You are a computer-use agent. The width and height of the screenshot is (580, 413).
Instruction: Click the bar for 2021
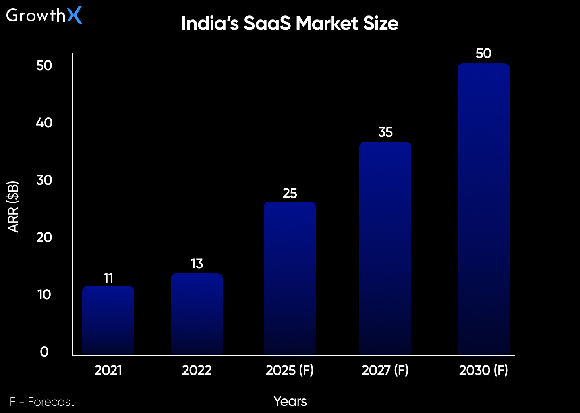[x=108, y=321]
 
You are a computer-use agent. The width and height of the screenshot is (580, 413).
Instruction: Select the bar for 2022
[x=197, y=315]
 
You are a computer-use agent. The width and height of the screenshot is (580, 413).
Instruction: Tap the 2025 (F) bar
[x=290, y=278]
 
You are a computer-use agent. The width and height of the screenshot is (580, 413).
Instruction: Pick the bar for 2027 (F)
[x=385, y=248]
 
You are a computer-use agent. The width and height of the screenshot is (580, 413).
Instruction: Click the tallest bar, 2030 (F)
[x=483, y=210]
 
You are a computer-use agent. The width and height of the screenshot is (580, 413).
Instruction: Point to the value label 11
[x=108, y=278]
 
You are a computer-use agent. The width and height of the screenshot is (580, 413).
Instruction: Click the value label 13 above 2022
[x=197, y=263]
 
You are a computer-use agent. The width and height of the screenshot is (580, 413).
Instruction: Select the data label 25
[x=290, y=193]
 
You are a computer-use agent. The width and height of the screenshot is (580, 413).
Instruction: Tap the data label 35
[x=385, y=132]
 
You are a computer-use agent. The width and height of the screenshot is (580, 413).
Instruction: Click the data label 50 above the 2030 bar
[x=483, y=53]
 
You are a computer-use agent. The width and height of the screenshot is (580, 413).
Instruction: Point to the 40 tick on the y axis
[x=44, y=123]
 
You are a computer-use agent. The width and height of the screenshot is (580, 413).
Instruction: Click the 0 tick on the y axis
[x=44, y=352]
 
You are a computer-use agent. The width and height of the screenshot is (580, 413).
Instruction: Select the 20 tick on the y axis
[x=44, y=237]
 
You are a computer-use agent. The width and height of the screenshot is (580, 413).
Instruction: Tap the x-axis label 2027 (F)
[x=385, y=370]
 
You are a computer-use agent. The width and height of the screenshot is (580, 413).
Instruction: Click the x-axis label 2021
[x=108, y=370]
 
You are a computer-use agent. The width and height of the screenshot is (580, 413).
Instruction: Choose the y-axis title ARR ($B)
[x=13, y=206]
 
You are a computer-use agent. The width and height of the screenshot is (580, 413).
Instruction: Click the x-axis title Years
[x=290, y=401]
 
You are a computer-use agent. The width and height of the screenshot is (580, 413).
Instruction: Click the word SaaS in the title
[x=267, y=23]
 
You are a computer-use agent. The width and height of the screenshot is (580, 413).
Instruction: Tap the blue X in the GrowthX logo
[x=75, y=15]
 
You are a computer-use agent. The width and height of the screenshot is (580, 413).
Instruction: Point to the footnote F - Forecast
[x=42, y=402]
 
